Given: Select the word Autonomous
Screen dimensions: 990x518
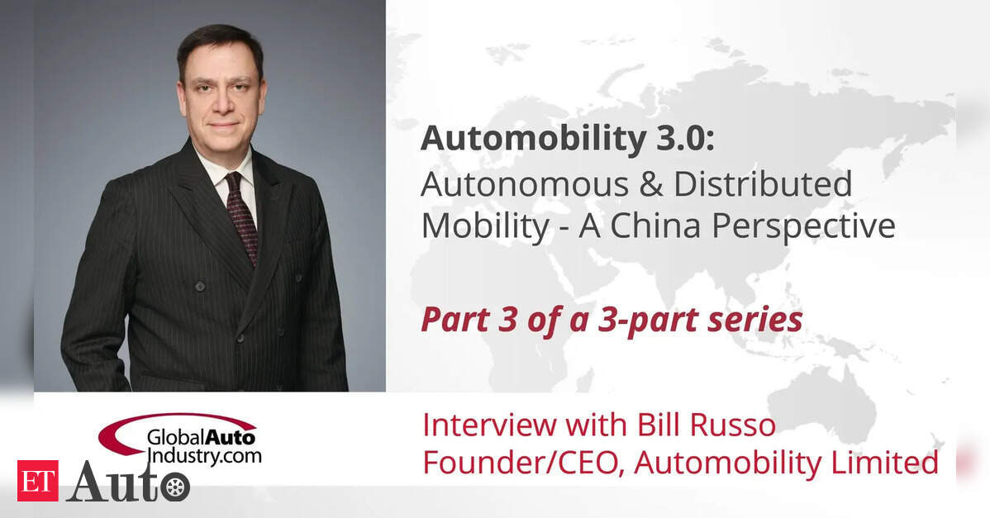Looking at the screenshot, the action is pos(525,184).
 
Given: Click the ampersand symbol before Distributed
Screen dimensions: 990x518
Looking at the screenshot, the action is pos(650,184).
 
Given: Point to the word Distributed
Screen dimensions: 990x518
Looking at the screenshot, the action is pos(763,183).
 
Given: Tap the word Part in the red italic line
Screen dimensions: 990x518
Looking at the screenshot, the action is pos(453,319).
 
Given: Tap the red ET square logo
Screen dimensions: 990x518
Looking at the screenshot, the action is pos(37,481).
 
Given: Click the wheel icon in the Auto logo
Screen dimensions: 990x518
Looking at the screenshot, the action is pos(175,487).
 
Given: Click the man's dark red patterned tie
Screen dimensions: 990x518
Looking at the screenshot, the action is pos(241,216).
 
